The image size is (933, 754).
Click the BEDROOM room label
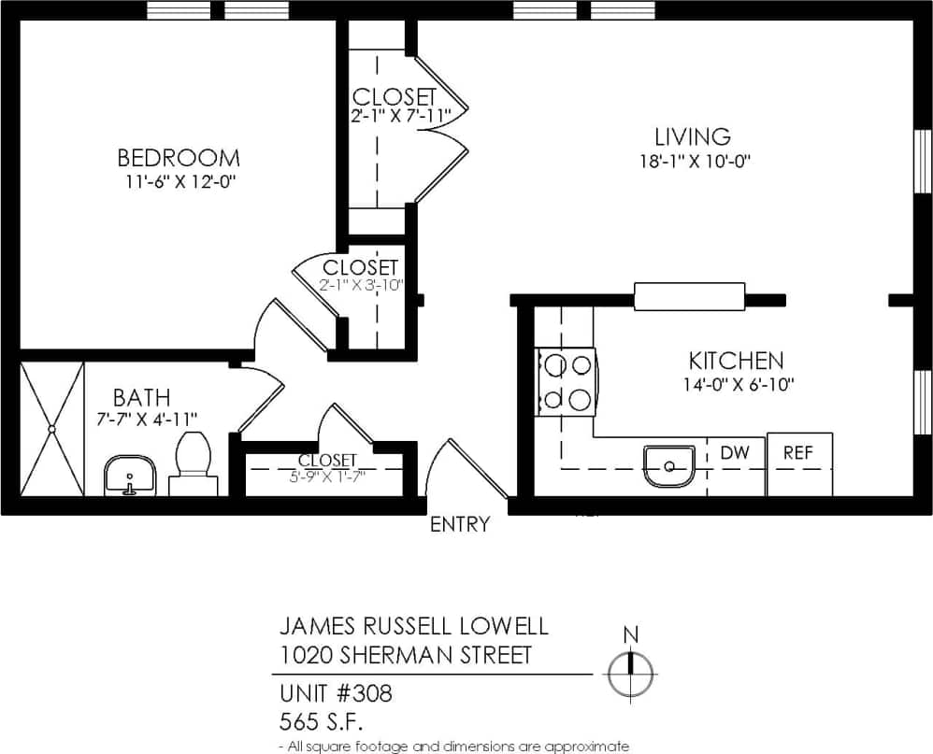click(x=178, y=157)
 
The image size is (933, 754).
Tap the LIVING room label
click(x=692, y=137)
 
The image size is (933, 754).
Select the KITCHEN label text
click(x=736, y=361)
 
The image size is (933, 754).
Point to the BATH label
click(x=142, y=398)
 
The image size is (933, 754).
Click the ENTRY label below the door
click(x=459, y=525)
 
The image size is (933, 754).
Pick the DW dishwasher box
click(x=736, y=453)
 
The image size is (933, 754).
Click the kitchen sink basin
click(x=669, y=464)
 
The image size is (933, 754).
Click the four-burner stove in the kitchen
click(x=564, y=381)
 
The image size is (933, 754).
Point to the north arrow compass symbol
click(x=631, y=671)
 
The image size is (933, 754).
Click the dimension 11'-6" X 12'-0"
click(x=178, y=181)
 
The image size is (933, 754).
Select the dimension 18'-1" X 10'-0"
click(x=692, y=161)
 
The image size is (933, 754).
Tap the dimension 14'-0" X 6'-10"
click(x=736, y=383)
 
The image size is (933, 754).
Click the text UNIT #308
click(x=336, y=694)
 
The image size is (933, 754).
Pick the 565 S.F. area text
click(x=321, y=721)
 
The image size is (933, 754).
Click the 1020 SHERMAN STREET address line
click(x=406, y=655)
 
